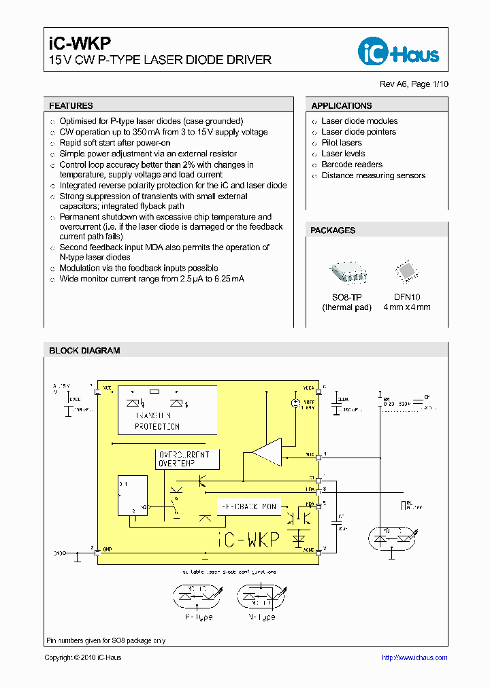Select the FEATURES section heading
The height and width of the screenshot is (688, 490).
(71, 106)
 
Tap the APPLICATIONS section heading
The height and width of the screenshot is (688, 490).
(342, 106)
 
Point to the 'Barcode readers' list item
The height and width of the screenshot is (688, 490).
(352, 165)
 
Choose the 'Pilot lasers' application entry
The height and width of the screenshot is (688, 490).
(342, 143)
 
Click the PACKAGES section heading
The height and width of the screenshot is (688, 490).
(333, 230)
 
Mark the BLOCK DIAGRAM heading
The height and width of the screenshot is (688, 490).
(84, 351)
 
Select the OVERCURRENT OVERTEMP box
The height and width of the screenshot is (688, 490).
(188, 458)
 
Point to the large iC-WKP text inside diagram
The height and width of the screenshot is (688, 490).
(248, 540)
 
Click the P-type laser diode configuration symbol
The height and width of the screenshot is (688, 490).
(199, 596)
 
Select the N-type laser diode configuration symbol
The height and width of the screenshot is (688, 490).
(259, 596)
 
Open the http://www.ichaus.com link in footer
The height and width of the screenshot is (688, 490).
(414, 657)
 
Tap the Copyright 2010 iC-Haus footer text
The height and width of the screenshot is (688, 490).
(82, 657)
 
